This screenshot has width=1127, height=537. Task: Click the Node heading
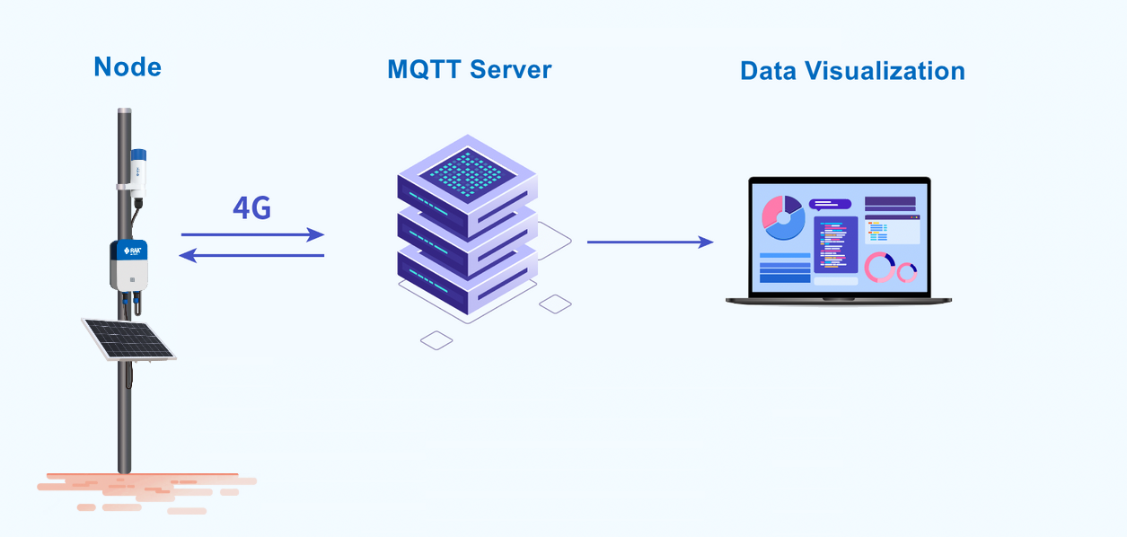coord(128,67)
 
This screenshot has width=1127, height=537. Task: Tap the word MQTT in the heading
coord(424,69)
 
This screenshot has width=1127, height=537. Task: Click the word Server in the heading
coord(511,69)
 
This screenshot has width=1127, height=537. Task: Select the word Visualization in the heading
coord(885,71)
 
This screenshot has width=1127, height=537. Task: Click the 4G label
coord(252,207)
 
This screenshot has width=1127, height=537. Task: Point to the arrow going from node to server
coord(252,234)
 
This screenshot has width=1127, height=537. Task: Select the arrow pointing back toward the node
coord(251,256)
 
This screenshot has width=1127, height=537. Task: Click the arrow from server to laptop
coord(650,242)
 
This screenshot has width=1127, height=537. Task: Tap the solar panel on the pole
coord(128,339)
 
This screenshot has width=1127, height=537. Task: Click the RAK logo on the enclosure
coord(132,251)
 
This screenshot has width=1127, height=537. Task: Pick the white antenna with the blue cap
coord(138,173)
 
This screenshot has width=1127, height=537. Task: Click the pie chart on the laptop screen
coord(783,217)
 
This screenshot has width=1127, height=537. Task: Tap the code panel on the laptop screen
coord(836,245)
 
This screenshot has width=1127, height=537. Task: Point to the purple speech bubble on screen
coord(830,205)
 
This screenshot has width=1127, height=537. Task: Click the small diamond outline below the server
coord(436,340)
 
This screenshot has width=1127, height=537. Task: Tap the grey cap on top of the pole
coord(124,110)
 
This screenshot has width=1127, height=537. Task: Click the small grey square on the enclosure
coord(132,279)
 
